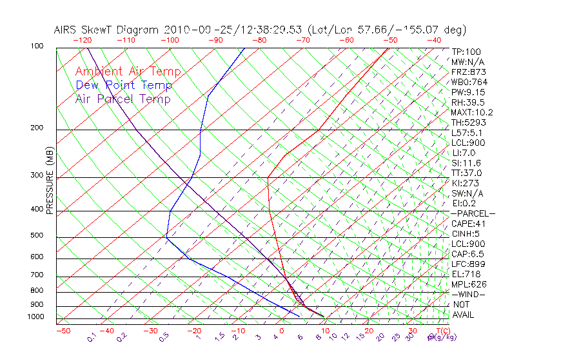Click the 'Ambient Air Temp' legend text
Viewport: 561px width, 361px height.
128,72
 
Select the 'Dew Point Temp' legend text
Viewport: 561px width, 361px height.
124,85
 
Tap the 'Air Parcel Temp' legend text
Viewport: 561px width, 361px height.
123,99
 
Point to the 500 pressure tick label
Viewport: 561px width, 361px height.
37,236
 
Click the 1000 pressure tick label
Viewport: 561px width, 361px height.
35,317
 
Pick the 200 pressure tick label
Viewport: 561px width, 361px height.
37,128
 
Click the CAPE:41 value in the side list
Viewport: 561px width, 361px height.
469,224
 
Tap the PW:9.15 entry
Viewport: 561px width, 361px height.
468,92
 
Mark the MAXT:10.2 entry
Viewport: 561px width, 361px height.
472,112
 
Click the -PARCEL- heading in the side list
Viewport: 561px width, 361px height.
473,213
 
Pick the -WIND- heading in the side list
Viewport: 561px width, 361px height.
469,294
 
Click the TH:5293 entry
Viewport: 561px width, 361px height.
468,122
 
